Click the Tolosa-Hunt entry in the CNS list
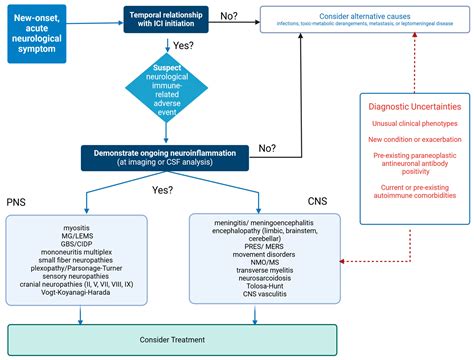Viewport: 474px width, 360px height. tap(266, 284)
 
